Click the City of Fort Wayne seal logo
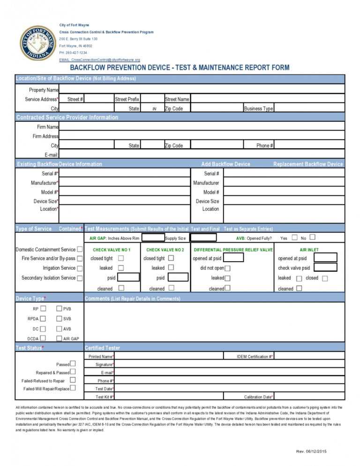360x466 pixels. (x=37, y=43)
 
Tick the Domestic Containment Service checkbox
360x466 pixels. (x=80, y=249)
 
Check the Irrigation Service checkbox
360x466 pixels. (x=80, y=268)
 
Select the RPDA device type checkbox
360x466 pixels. (x=43, y=319)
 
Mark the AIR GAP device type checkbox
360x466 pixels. (x=59, y=338)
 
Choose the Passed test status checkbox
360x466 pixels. (x=73, y=364)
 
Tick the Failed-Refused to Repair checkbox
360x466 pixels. (x=73, y=380)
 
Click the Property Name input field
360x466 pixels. (x=202, y=90)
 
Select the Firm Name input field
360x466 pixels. (x=202, y=127)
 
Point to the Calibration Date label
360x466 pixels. (x=258, y=397)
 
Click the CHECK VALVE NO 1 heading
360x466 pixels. (x=112, y=250)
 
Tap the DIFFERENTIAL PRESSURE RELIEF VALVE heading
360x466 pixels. (x=233, y=250)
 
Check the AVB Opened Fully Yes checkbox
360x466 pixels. (x=294, y=238)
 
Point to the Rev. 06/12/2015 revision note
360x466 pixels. (x=311, y=451)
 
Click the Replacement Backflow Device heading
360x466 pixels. (x=308, y=164)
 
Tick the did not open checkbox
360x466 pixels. (x=227, y=269)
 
